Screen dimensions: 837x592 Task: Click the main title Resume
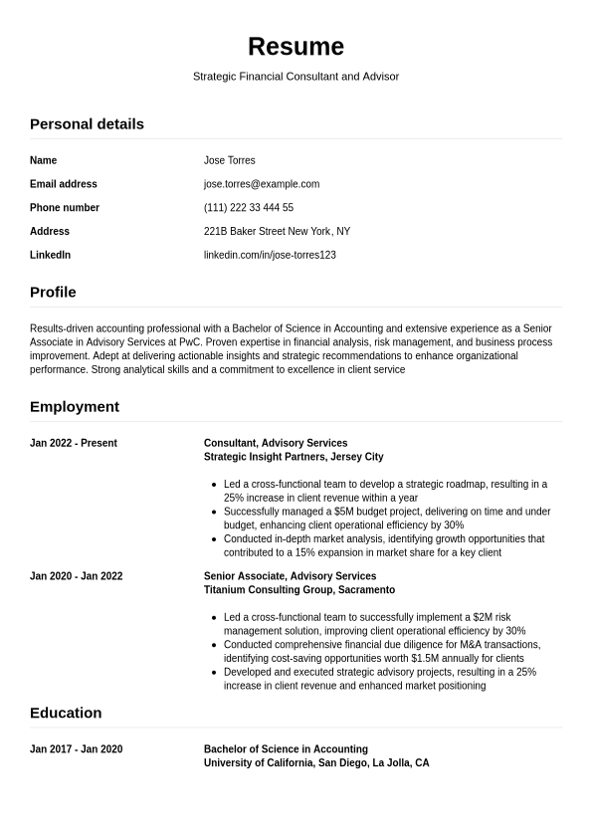coord(296,47)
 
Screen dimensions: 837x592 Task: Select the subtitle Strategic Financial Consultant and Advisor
coord(296,77)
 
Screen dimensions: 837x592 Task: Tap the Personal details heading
coord(87,124)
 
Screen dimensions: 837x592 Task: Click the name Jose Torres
coord(229,160)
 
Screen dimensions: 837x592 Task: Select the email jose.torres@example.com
coord(262,184)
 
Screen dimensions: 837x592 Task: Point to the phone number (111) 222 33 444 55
coord(249,208)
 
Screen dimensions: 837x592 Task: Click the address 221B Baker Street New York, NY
coord(277,232)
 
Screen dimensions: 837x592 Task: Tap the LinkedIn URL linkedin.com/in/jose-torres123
coord(270,256)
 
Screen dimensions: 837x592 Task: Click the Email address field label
coord(64,184)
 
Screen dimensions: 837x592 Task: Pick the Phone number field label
coord(65,208)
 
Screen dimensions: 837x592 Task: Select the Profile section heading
coord(53,293)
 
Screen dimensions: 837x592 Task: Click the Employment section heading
coord(75,407)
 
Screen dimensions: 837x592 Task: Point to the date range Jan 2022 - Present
coord(74,444)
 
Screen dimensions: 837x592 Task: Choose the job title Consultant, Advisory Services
coord(276,444)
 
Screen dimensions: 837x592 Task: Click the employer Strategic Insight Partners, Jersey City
coord(294,458)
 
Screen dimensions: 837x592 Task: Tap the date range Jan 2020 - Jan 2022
coord(77,576)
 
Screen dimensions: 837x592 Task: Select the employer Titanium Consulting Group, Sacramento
coord(299,590)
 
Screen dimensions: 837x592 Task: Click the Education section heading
coord(66,714)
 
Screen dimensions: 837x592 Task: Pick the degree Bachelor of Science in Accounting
coord(286,749)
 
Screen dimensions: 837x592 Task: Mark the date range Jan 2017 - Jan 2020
coord(77,749)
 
